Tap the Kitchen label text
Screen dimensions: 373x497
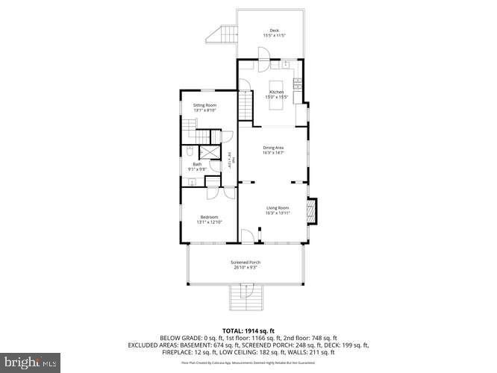click(277, 92)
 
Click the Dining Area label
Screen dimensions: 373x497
click(274, 148)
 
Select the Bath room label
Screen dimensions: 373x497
click(197, 164)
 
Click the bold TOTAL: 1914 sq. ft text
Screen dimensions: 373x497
click(248, 330)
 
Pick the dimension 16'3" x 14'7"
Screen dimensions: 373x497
click(274, 154)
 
